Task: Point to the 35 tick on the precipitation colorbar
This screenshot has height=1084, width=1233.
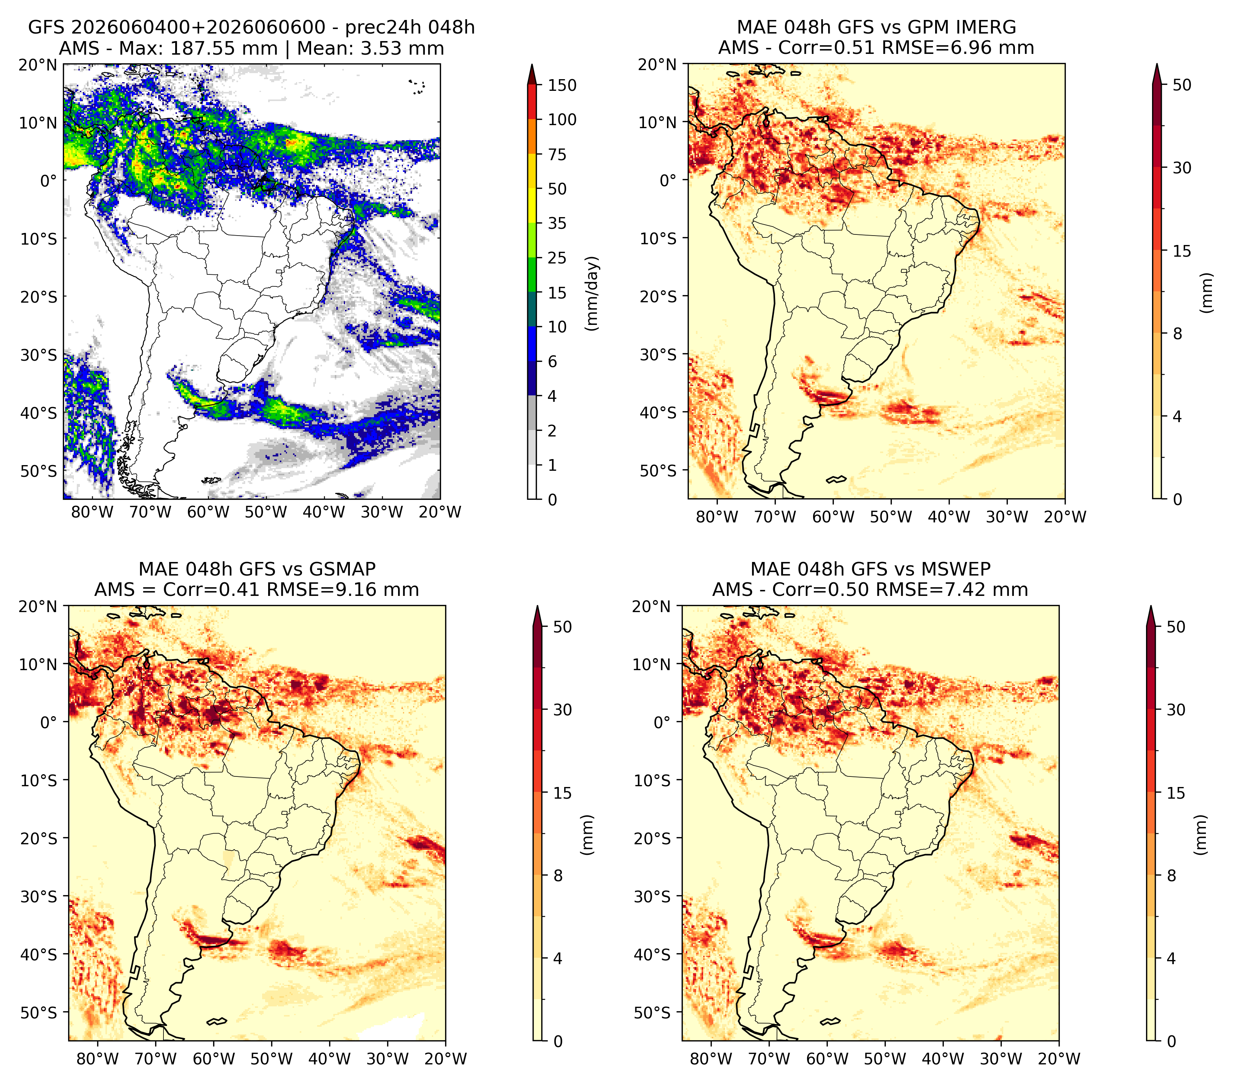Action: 557,223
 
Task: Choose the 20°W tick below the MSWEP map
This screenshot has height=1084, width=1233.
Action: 1059,1059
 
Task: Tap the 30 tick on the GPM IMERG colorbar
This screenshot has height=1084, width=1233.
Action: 1182,168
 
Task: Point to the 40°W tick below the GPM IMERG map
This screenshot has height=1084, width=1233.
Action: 949,517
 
